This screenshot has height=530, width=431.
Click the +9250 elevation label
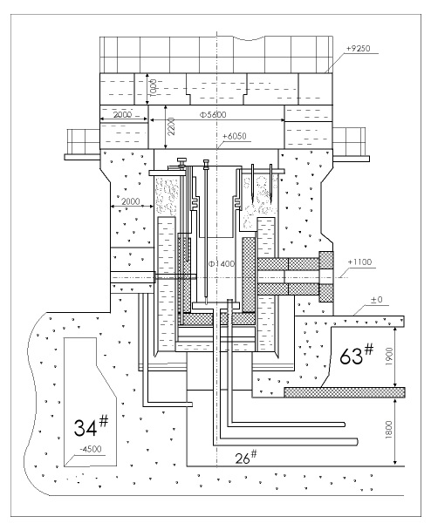(x=359, y=48)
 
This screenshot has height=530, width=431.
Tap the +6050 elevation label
(x=235, y=136)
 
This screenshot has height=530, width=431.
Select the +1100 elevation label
(x=359, y=262)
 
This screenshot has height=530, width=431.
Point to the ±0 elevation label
(x=376, y=300)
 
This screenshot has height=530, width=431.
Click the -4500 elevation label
(x=91, y=449)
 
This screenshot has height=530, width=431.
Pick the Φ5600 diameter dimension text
(x=213, y=114)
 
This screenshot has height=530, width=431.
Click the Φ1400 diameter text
(x=222, y=263)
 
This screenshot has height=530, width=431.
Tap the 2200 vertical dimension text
(x=171, y=126)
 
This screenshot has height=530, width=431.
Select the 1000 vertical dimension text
(x=153, y=88)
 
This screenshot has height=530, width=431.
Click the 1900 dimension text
(x=389, y=356)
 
